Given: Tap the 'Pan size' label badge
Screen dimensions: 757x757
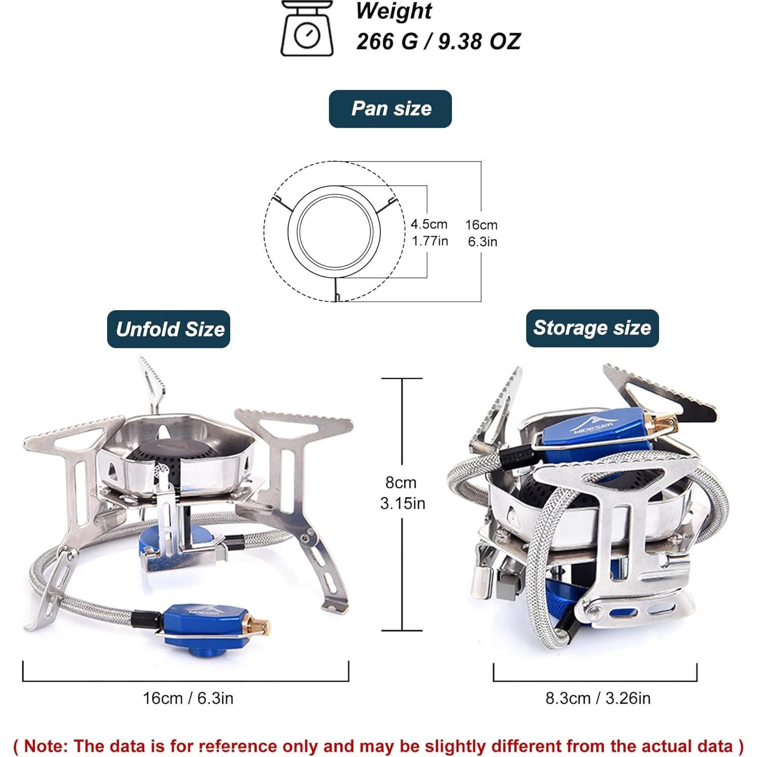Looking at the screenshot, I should pos(390,109).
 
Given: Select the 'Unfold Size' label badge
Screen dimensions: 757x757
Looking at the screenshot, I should pos(169,329).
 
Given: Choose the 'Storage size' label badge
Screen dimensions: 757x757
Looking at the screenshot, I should pos(592,328).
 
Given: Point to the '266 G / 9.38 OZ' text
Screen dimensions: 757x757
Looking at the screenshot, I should pos(438,41).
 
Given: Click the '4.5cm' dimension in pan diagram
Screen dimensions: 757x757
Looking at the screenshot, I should pos(429,224).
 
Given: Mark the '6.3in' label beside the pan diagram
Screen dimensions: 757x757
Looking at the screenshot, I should pos(482,242).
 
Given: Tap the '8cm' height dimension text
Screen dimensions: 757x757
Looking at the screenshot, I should pos(401,483).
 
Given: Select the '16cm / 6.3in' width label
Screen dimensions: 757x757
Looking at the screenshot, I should pos(188,698).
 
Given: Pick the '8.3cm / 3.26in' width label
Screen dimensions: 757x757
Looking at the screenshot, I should pos(598,698).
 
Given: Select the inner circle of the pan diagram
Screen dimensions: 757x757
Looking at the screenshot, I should pos(335,231).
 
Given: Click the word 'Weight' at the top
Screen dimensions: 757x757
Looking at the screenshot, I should pos(394,11).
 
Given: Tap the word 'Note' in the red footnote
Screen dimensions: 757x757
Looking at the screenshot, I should pos(46,746).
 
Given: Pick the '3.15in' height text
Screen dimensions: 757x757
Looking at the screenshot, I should pos(402,503).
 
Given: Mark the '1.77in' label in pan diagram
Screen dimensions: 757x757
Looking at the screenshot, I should pos(430,241).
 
